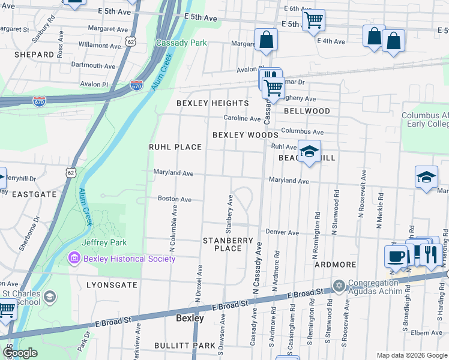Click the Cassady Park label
[x=181, y=43]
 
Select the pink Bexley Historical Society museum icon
[x=74, y=259]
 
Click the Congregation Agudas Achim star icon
[x=339, y=284]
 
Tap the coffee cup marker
[x=396, y=256]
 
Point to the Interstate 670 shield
[x=136, y=86]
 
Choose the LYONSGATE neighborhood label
[x=112, y=284]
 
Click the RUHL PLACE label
[x=175, y=147]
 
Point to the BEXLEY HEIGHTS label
[x=212, y=103]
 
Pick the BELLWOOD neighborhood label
[x=307, y=111]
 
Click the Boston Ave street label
[x=175, y=199]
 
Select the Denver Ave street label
[x=282, y=232]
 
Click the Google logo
[x=20, y=352]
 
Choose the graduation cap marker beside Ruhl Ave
[x=309, y=151]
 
